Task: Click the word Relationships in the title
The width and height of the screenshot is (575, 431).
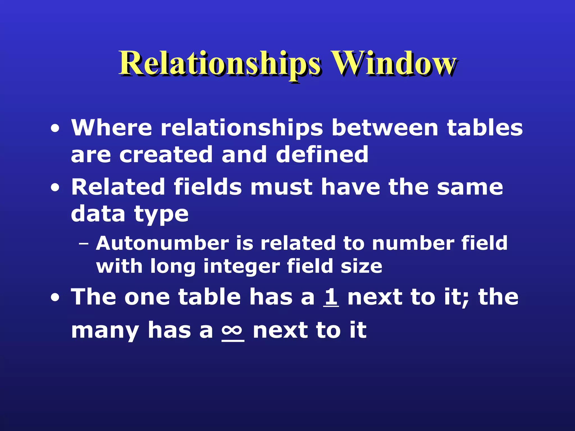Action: tap(220, 64)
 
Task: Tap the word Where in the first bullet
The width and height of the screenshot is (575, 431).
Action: tap(111, 128)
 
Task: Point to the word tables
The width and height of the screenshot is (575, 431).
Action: tap(485, 128)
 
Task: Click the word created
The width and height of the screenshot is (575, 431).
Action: tap(166, 155)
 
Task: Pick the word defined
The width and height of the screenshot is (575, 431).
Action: tap(322, 154)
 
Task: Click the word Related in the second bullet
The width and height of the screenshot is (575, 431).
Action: tap(118, 187)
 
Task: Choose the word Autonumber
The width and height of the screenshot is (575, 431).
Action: tap(162, 243)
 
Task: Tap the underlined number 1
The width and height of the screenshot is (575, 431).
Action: tap(331, 297)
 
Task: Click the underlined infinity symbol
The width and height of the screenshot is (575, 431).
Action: tap(233, 330)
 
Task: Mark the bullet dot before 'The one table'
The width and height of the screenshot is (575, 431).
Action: tap(55, 298)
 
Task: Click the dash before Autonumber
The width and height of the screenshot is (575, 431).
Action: tap(83, 244)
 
